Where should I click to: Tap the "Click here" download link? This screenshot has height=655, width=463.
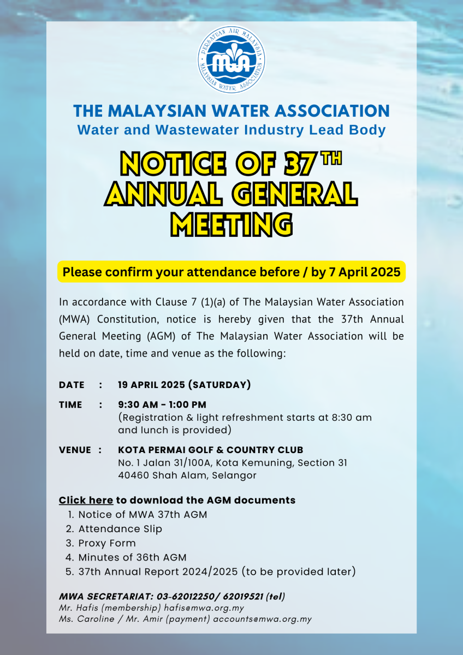(x=86, y=500)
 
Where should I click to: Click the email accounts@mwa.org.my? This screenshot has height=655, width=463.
(x=262, y=619)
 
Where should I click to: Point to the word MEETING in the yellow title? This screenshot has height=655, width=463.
(x=231, y=224)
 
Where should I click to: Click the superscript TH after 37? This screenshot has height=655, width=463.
(x=330, y=159)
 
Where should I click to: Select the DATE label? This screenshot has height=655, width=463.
(x=72, y=385)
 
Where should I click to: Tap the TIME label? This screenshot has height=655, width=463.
(x=70, y=404)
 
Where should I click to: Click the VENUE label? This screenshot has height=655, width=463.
(x=75, y=450)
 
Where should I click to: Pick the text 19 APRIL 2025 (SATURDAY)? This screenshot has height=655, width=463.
(x=184, y=385)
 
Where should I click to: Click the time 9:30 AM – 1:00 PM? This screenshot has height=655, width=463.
(x=162, y=404)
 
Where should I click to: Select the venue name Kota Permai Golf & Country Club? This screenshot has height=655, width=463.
(x=210, y=450)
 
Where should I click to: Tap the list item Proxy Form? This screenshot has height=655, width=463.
(x=107, y=543)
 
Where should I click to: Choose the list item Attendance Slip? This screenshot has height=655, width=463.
(x=120, y=528)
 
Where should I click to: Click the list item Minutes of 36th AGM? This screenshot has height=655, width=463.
(x=132, y=557)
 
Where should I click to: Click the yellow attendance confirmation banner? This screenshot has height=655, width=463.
(x=231, y=271)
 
